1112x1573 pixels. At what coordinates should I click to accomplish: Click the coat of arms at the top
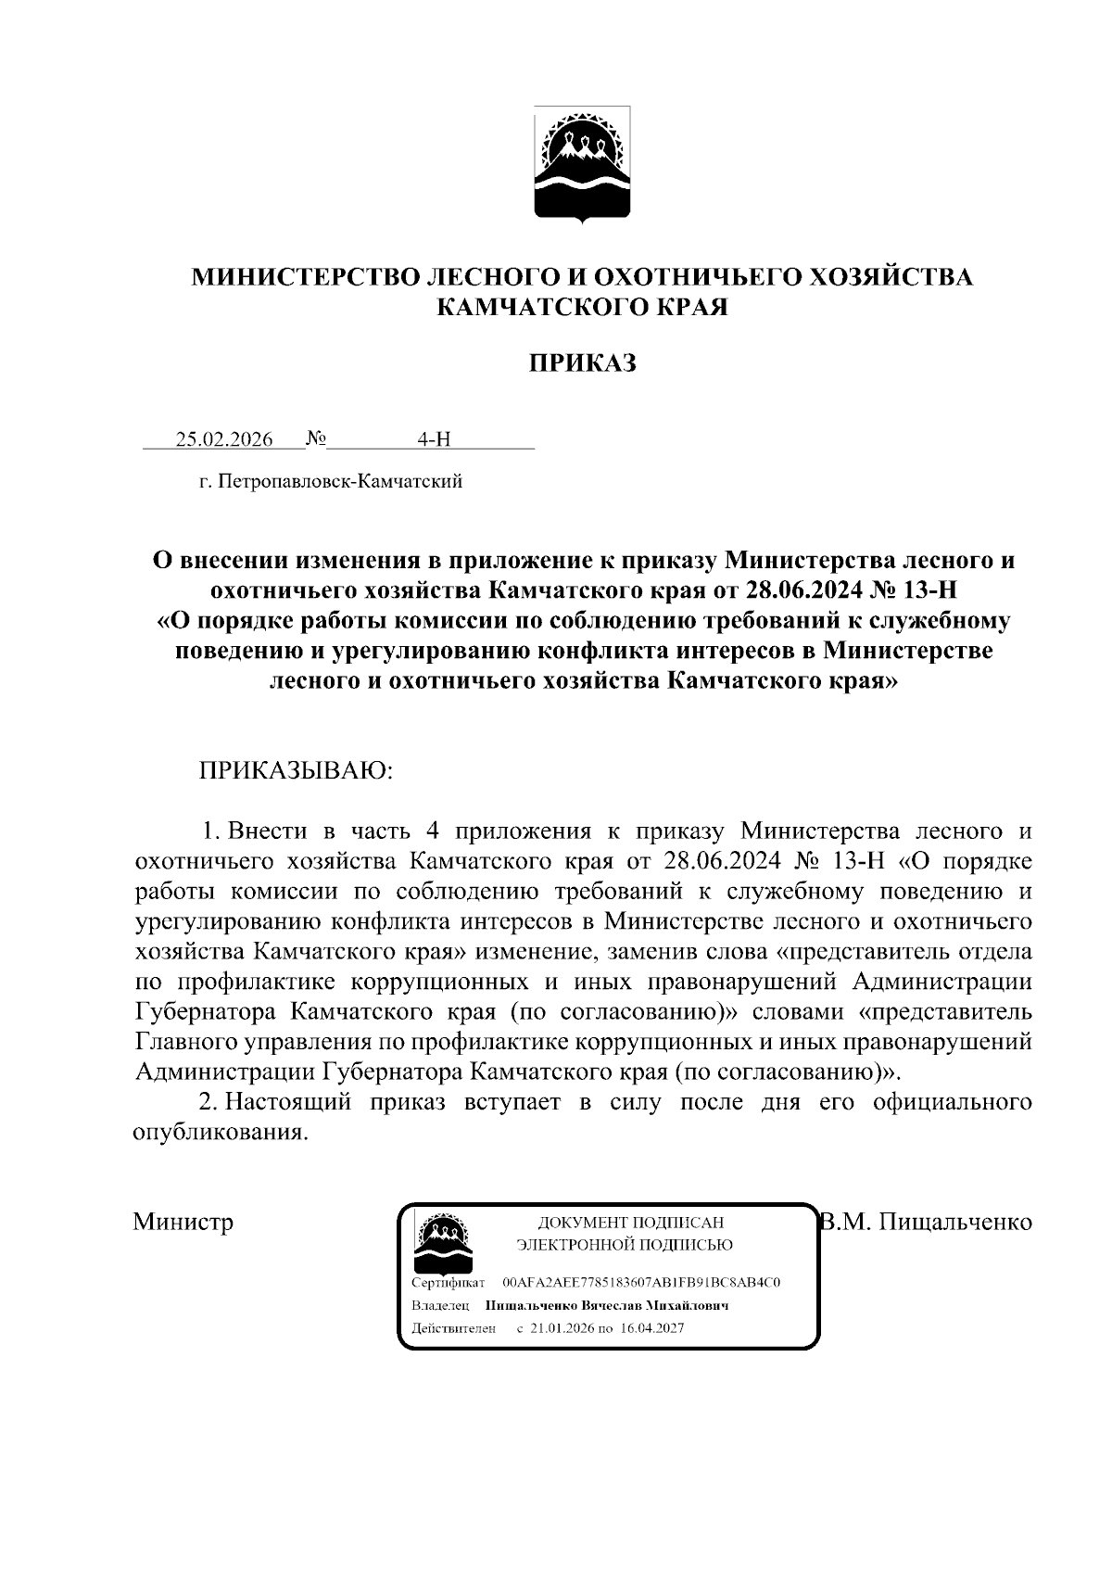click(x=581, y=164)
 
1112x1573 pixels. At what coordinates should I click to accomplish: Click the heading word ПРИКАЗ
click(x=582, y=363)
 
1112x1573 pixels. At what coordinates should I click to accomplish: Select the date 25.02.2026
click(x=224, y=439)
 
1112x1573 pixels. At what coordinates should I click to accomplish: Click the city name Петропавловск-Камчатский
click(x=339, y=482)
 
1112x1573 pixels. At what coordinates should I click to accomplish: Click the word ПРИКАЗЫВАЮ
click(x=296, y=771)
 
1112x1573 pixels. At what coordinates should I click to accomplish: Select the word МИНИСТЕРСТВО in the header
click(x=305, y=277)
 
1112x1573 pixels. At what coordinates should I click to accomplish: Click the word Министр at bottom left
click(x=183, y=1222)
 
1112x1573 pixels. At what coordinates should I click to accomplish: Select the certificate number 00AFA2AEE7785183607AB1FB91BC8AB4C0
click(x=641, y=1283)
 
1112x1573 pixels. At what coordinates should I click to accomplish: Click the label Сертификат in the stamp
click(x=447, y=1283)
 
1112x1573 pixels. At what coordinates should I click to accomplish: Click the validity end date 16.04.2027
click(x=652, y=1328)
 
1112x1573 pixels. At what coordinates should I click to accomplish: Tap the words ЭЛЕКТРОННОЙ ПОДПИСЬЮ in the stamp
click(x=625, y=1245)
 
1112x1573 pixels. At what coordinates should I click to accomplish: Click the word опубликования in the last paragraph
click(x=219, y=1133)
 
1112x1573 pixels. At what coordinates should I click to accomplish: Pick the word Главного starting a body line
click(x=185, y=1042)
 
